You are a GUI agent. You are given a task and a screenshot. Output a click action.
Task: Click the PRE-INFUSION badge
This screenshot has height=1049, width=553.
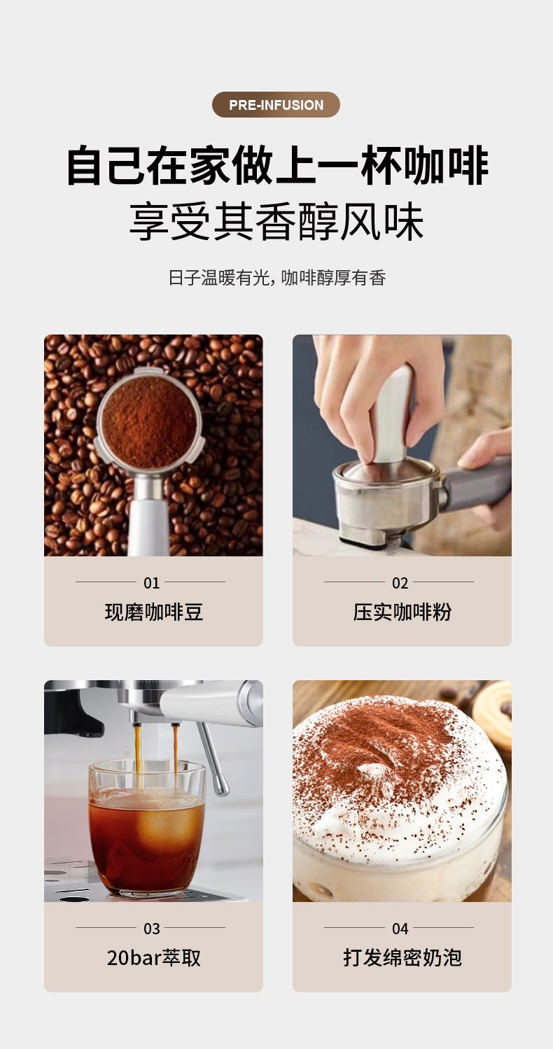(x=276, y=104)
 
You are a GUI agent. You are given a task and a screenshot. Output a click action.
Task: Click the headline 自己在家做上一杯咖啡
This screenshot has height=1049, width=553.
(x=277, y=166)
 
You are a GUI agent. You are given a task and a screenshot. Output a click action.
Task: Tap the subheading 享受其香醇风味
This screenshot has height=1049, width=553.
(x=276, y=222)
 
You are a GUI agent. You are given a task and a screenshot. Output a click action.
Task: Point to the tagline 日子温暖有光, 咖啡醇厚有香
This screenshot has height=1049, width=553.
(x=276, y=278)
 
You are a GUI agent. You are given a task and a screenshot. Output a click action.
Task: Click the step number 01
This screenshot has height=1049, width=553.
(x=151, y=583)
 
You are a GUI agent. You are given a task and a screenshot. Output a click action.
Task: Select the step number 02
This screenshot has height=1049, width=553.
(x=400, y=583)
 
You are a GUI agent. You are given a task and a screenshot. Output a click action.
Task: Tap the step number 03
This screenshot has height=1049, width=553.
(x=151, y=929)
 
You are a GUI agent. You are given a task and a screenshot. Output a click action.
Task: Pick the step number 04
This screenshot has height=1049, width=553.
(x=400, y=929)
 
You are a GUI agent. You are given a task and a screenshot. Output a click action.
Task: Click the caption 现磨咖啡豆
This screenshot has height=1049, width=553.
(x=153, y=612)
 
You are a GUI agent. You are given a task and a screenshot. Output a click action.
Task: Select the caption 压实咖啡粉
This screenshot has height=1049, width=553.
(x=402, y=612)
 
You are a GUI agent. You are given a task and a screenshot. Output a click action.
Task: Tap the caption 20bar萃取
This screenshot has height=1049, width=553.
(x=153, y=958)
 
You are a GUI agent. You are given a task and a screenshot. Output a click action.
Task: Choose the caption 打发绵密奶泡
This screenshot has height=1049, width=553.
(x=402, y=958)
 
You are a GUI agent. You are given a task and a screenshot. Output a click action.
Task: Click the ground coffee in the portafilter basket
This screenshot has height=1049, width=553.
(x=149, y=422)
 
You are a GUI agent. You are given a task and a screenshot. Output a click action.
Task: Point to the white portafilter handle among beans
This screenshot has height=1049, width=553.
(x=148, y=526)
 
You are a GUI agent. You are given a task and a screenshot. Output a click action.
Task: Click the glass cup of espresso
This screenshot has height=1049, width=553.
(x=146, y=827)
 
